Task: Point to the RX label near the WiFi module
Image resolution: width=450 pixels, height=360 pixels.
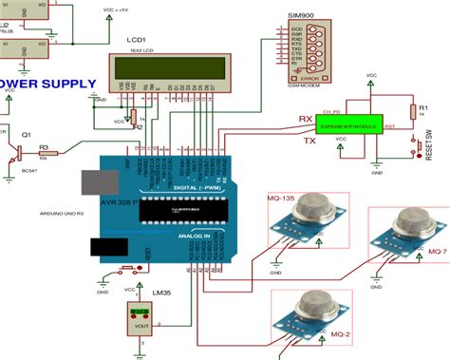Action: [306, 119]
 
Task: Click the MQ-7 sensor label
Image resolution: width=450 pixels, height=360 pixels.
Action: [437, 251]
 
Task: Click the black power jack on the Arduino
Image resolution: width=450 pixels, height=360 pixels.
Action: [105, 248]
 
